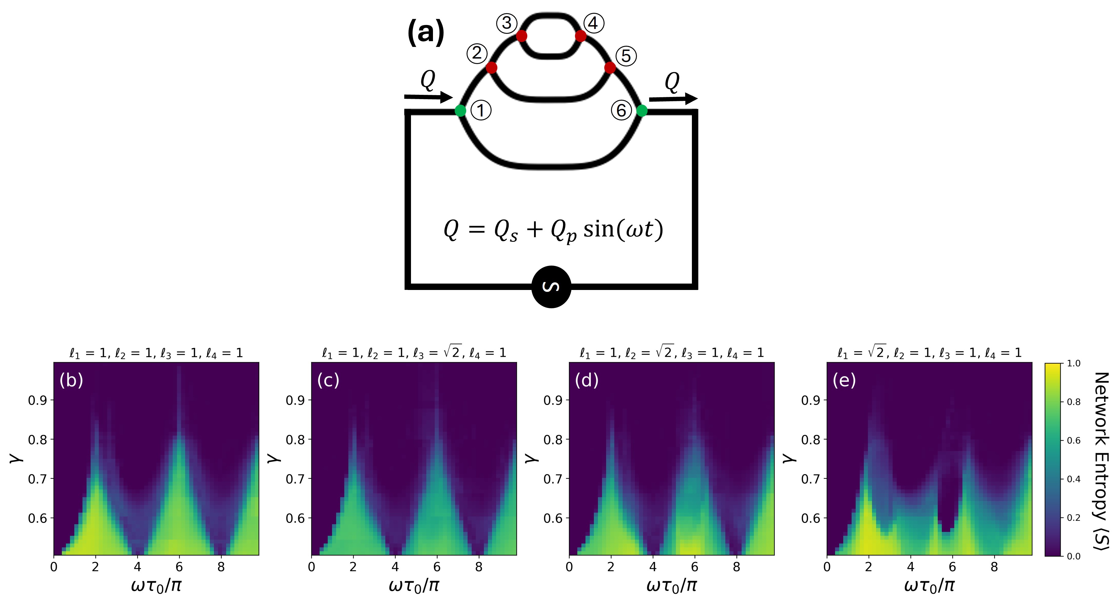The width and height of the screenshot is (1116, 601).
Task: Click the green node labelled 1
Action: click(x=460, y=111)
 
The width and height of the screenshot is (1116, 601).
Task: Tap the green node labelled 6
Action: click(x=642, y=111)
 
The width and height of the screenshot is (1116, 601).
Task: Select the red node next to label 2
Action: click(x=491, y=67)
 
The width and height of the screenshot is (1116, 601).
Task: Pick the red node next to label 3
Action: click(x=522, y=36)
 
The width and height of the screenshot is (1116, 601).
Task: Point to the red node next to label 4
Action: click(x=580, y=36)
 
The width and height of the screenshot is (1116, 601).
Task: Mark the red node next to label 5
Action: click(x=609, y=67)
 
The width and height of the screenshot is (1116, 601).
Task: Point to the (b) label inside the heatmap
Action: click(x=71, y=380)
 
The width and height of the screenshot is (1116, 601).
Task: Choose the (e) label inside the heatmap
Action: click(x=844, y=380)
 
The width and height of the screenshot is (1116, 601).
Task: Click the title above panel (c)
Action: click(x=414, y=353)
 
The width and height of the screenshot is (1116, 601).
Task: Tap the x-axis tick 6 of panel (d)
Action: click(x=694, y=567)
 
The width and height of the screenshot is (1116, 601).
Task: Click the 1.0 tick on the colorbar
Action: click(x=1073, y=363)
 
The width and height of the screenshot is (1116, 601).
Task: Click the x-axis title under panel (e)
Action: click(x=929, y=585)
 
